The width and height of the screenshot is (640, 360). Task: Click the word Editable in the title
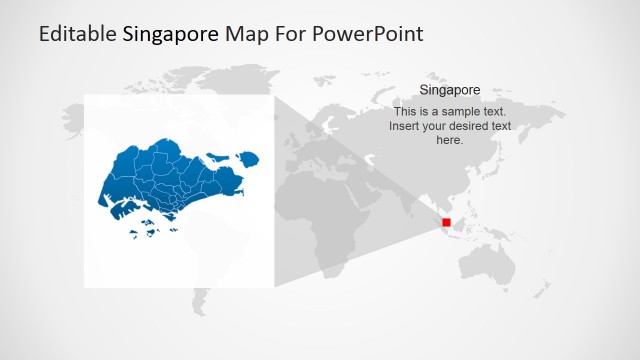point(77,34)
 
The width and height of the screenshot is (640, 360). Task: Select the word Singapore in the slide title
point(171,34)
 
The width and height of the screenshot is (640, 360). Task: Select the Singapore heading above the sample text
point(450,90)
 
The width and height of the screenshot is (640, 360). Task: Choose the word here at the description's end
point(450,140)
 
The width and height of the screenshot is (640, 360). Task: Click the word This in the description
point(408,112)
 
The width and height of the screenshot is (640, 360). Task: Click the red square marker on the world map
point(446,222)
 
